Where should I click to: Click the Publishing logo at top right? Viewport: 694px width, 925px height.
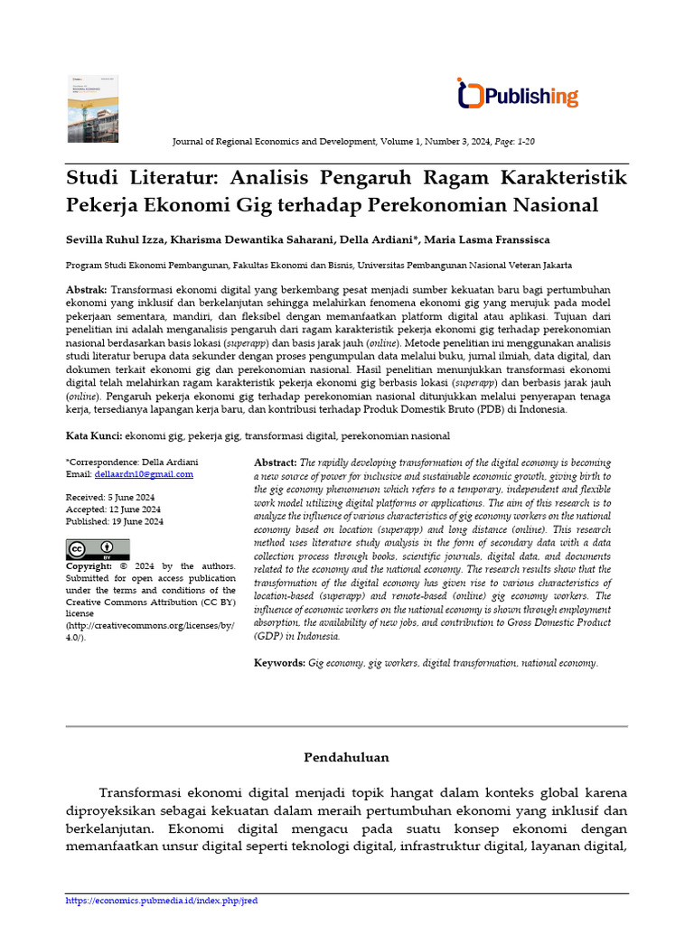tap(518, 95)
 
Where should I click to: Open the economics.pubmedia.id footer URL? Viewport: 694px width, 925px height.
tap(163, 901)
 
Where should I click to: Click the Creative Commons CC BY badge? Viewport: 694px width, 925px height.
tap(98, 549)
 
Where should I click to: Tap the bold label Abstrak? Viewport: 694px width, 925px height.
tap(87, 289)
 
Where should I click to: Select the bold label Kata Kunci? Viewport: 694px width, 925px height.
tap(94, 436)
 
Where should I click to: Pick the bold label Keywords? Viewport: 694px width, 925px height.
tap(279, 663)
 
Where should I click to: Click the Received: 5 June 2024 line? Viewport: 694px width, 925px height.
tap(111, 498)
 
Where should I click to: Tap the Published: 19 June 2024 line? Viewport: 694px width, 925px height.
tap(115, 521)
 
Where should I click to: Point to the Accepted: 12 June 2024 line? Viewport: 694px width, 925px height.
tap(113, 509)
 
